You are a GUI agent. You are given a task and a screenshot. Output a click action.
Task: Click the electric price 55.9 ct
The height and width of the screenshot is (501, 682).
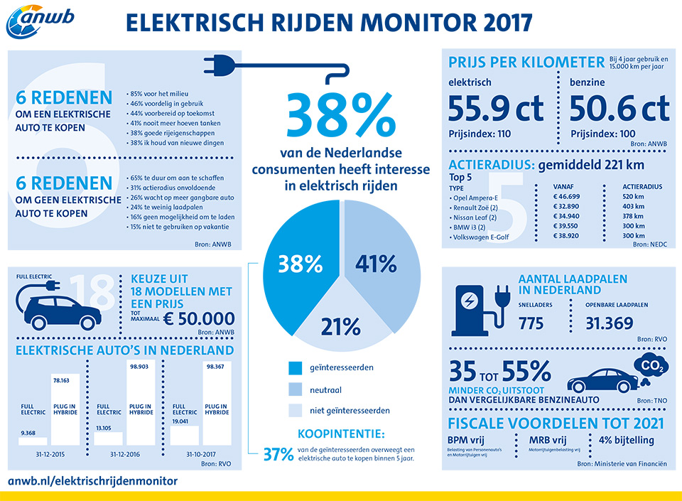497,109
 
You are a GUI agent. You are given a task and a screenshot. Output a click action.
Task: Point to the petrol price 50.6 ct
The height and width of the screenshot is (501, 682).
619,109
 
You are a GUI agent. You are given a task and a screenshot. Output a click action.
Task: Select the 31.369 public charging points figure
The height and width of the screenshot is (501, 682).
610,324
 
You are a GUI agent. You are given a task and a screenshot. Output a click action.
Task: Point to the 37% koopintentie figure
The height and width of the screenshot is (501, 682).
278,453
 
